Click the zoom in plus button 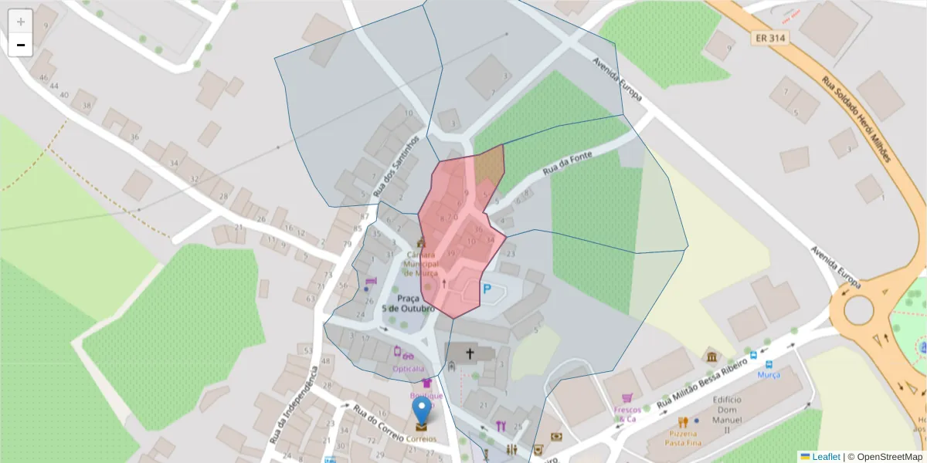pyautogui.click(x=20, y=22)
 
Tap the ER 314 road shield pyautogui.click(x=769, y=37)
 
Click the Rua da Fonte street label pyautogui.click(x=567, y=163)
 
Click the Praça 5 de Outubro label pyautogui.click(x=409, y=303)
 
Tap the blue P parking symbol pyautogui.click(x=487, y=289)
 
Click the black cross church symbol pyautogui.click(x=469, y=354)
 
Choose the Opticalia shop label pyautogui.click(x=409, y=368)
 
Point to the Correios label pyautogui.click(x=421, y=439)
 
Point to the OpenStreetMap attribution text pyautogui.click(x=885, y=457)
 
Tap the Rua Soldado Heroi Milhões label pyautogui.click(x=856, y=118)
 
